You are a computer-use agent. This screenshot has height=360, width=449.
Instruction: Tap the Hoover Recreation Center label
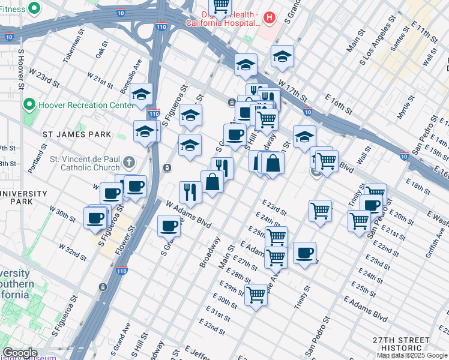pyautogui.click(x=85, y=105)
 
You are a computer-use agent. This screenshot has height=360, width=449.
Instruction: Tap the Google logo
pyautogui.click(x=20, y=353)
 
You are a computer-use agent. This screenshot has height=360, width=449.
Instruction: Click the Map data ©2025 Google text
pyautogui.click(x=412, y=355)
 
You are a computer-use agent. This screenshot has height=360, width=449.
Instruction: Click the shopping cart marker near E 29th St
pyautogui.click(x=256, y=294)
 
